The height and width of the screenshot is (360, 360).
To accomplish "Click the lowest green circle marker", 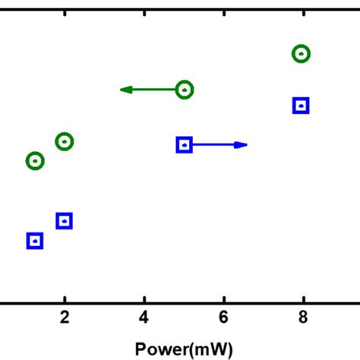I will click(x=34, y=161).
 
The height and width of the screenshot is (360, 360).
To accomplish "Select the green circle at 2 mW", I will click(x=65, y=141).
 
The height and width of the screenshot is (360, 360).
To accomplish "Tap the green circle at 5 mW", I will click(x=185, y=90).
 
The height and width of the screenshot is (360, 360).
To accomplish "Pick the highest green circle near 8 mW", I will click(x=302, y=53).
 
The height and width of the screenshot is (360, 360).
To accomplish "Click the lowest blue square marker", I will click(x=34, y=241).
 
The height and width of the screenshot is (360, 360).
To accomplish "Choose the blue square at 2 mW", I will click(x=65, y=221).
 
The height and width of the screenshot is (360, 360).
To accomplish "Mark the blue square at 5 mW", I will click(x=184, y=144).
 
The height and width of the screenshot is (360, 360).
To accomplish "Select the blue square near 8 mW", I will click(x=301, y=106).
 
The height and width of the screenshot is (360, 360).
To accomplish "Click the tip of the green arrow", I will click(x=122, y=90).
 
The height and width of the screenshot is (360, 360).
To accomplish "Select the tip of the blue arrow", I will click(x=246, y=144).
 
